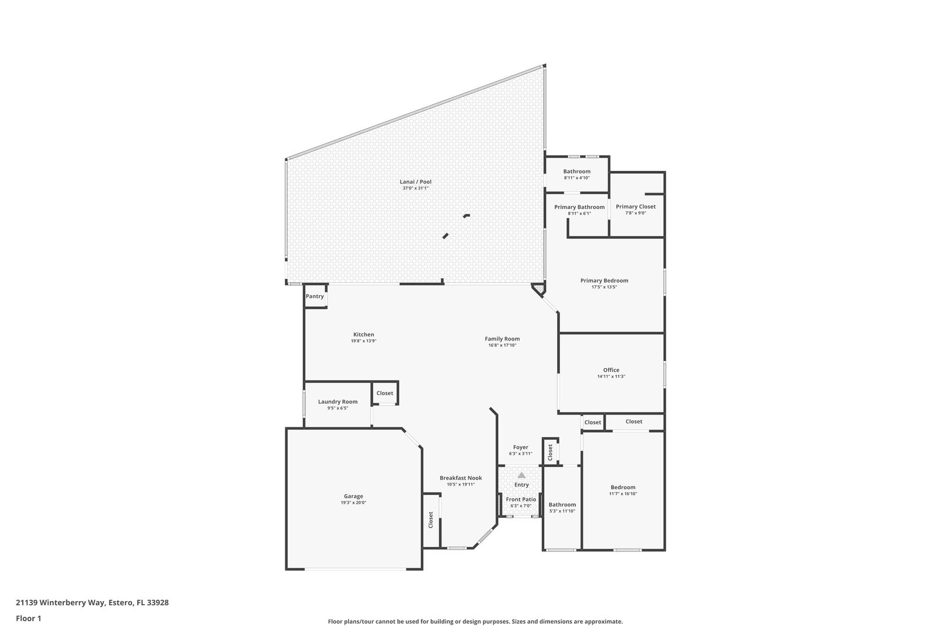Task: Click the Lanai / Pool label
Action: click(x=415, y=182)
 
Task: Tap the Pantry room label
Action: click(x=315, y=296)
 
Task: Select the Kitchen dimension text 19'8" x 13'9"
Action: click(x=363, y=341)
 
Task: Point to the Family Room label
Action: click(x=503, y=339)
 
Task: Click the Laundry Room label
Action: click(x=338, y=402)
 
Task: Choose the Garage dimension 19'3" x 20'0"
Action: click(x=353, y=503)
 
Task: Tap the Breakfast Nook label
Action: click(x=461, y=478)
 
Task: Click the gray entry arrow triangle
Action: click(x=521, y=475)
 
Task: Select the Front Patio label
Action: click(x=521, y=500)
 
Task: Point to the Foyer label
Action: click(x=521, y=447)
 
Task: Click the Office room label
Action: click(x=611, y=370)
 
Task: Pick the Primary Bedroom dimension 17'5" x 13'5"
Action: click(x=604, y=287)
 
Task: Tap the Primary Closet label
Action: click(x=636, y=207)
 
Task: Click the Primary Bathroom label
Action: click(x=579, y=207)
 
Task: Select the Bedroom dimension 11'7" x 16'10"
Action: click(x=623, y=494)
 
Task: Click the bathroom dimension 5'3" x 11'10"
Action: click(x=562, y=511)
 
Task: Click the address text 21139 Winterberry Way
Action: click(x=60, y=602)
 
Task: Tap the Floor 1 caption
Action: click(x=28, y=618)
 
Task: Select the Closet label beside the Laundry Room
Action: click(x=385, y=393)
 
